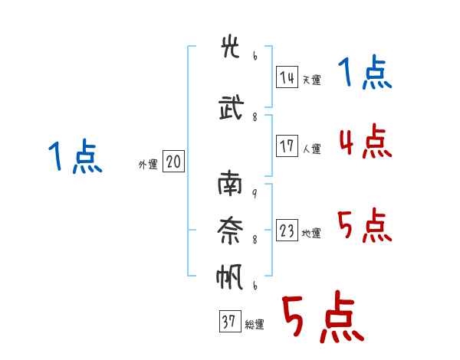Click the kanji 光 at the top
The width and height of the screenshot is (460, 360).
[231, 46]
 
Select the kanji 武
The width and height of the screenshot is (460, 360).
[232, 107]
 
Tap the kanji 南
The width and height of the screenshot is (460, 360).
[230, 184]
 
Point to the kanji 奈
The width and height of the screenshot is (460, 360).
[230, 231]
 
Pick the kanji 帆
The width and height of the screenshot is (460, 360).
[230, 277]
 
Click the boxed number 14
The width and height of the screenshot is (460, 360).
[287, 77]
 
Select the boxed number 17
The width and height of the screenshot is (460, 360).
[287, 146]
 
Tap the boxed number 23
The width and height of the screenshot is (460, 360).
[287, 230]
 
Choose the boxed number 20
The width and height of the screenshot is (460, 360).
[173, 162]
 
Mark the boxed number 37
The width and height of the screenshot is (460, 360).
[230, 321]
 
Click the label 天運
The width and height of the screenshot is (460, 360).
[311, 80]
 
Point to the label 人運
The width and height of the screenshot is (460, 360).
[311, 149]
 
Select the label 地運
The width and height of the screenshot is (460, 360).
[311, 233]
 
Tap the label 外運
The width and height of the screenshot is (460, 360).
[148, 165]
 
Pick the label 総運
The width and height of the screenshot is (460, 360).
[255, 325]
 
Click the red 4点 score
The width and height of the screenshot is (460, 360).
[366, 141]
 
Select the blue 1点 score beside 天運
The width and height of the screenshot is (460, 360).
[365, 72]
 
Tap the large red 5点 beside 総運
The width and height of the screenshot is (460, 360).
[324, 316]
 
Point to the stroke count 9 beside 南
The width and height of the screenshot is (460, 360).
[255, 193]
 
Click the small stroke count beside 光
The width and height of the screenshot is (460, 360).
[255, 56]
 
